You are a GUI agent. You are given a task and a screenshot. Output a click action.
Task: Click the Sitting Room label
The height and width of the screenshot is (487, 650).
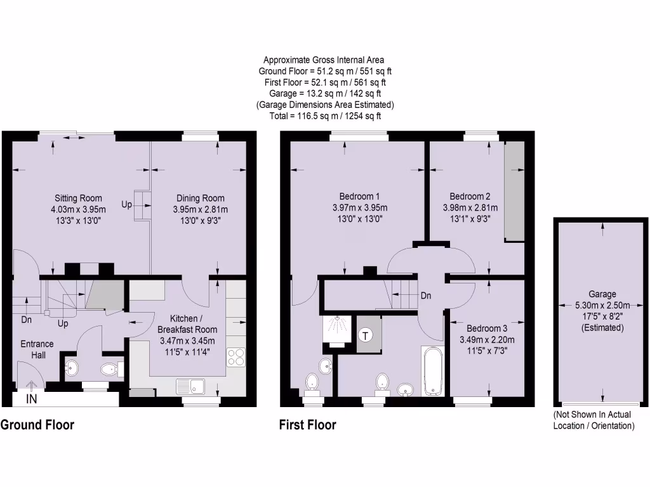coord(78,198)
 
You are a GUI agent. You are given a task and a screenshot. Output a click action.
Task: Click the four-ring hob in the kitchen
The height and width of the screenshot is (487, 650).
coord(235,357)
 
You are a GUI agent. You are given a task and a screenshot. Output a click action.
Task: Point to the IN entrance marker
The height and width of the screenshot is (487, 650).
coord(32,399)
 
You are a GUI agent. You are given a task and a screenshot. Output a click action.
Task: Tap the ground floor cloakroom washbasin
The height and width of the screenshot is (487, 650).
coord(72,368)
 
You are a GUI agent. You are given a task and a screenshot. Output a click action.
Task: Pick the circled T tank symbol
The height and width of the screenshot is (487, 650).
coord(366,335)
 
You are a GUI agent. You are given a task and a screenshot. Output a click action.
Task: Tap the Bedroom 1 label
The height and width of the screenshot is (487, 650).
coord(360,196)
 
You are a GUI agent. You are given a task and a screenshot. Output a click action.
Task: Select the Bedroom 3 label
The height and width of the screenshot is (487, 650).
coord(487,328)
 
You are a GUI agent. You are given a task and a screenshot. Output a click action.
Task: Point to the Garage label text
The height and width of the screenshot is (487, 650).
coord(602,294)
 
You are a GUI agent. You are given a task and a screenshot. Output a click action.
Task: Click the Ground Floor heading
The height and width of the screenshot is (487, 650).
coord(37,425)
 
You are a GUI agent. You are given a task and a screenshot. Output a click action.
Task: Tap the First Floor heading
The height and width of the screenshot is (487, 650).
coord(308,425)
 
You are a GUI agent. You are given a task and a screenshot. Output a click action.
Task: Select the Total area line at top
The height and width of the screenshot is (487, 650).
coord(325,116)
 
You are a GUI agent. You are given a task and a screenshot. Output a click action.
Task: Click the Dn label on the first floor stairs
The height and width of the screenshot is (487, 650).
coord(427,295)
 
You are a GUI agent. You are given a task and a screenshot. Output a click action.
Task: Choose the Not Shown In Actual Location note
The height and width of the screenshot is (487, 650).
coord(594,420)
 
